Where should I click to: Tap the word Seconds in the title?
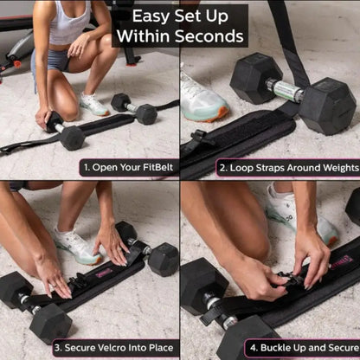pos(214,36)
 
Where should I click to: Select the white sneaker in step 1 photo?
pos(93,104)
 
